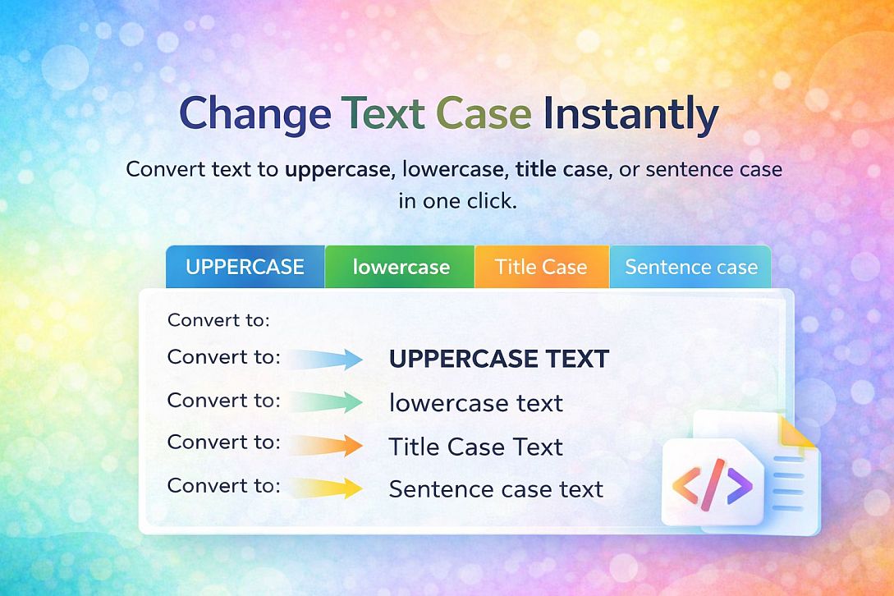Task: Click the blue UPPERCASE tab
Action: [245, 267]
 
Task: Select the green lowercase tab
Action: [401, 267]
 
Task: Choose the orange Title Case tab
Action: [541, 267]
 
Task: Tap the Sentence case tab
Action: [690, 267]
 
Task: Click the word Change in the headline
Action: [254, 115]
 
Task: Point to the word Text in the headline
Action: [384, 115]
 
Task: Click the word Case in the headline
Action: [484, 115]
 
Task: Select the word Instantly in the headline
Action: [630, 115]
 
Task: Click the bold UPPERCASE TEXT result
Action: [498, 359]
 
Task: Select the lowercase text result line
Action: [475, 403]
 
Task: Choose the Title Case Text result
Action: [475, 447]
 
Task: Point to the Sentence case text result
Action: [496, 489]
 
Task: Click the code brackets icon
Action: [712, 482]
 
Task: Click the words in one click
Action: [457, 200]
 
